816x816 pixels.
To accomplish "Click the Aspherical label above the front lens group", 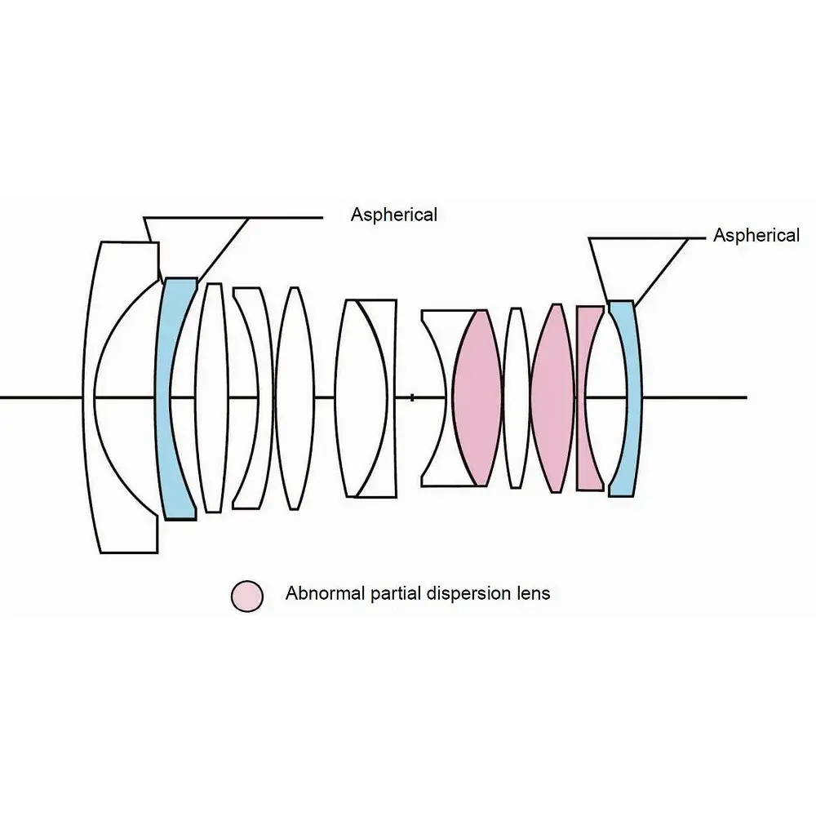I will pyautogui.click(x=393, y=215).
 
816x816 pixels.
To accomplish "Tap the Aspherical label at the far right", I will pyautogui.click(x=756, y=236).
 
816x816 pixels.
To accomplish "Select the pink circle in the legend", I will pyautogui.click(x=247, y=596).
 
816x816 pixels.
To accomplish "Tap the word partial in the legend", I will pyautogui.click(x=393, y=593).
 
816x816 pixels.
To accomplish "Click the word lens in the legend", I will pyautogui.click(x=534, y=593).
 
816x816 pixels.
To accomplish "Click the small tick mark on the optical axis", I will pyautogui.click(x=412, y=397).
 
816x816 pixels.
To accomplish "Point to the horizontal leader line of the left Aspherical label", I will pyautogui.click(x=286, y=217).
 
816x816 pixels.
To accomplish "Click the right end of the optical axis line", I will pyautogui.click(x=744, y=397).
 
